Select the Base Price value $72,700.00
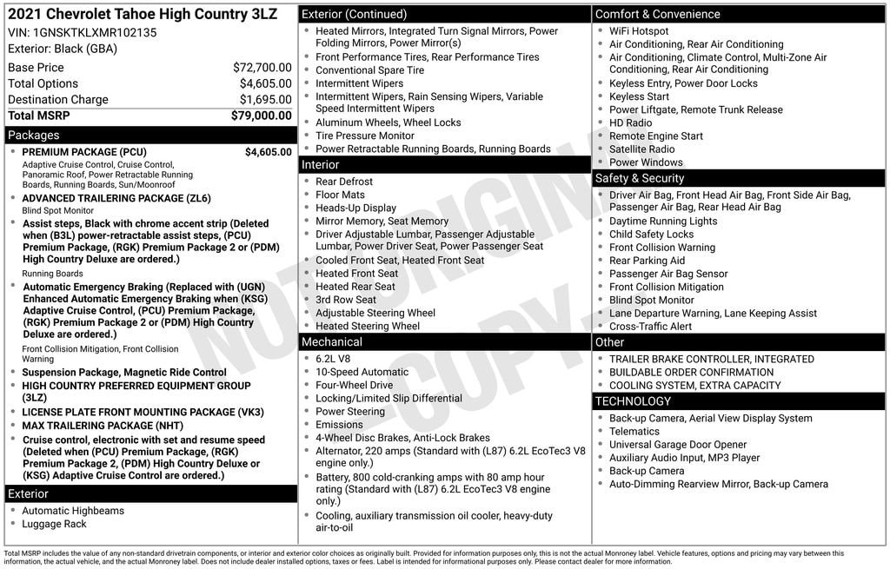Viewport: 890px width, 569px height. coord(262,67)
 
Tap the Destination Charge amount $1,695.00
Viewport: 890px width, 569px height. coord(265,99)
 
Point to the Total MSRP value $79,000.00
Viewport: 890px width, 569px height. coord(261,116)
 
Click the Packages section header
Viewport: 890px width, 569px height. coord(33,136)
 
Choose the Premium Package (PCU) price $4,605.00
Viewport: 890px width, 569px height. coord(268,152)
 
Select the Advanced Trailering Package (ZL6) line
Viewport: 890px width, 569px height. coord(116,198)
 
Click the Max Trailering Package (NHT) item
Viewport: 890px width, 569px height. coord(103,426)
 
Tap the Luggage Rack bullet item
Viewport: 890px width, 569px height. coord(54,524)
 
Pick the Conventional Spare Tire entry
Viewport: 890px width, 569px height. coord(369,70)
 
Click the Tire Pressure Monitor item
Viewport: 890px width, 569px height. coord(365,136)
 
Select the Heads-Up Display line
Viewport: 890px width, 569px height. coord(355,208)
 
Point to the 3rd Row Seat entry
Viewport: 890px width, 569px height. coord(346,300)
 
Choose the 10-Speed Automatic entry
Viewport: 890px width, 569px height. coord(362,372)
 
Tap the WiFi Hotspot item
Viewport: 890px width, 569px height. coord(639,31)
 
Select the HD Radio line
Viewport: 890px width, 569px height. coord(630,122)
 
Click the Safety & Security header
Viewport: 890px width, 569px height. coord(640,178)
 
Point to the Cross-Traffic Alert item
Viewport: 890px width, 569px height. coord(650,327)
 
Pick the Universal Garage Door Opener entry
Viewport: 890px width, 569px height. coord(678,445)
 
